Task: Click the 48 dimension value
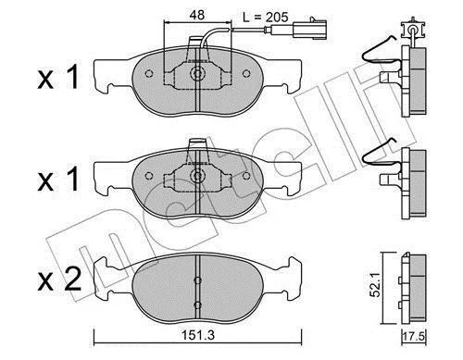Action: [x=197, y=15]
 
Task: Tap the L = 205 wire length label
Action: [x=266, y=18]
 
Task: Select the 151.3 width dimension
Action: [x=197, y=335]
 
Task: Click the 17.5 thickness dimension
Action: [x=414, y=336]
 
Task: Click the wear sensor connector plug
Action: [x=310, y=29]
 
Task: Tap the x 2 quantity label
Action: [x=59, y=279]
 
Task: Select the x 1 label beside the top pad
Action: [x=58, y=78]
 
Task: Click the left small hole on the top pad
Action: [x=149, y=74]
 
